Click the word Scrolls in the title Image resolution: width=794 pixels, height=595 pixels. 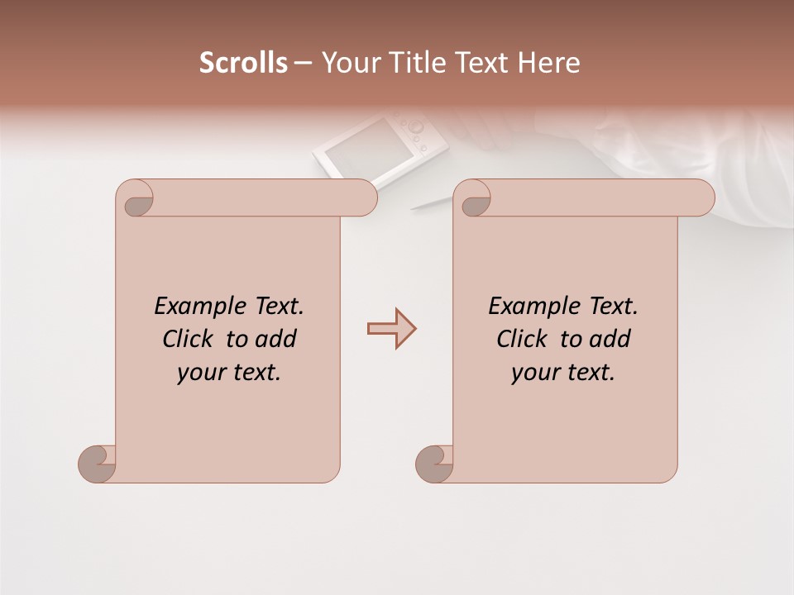[x=243, y=63]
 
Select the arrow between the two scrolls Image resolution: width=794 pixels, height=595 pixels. [x=391, y=329]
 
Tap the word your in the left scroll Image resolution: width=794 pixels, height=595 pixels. [x=199, y=372]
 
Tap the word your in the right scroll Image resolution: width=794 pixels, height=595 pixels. [x=533, y=372]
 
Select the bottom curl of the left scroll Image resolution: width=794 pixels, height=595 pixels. [x=97, y=463]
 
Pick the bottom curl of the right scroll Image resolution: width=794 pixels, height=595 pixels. [x=434, y=463]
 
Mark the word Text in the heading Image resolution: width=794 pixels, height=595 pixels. [x=481, y=63]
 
